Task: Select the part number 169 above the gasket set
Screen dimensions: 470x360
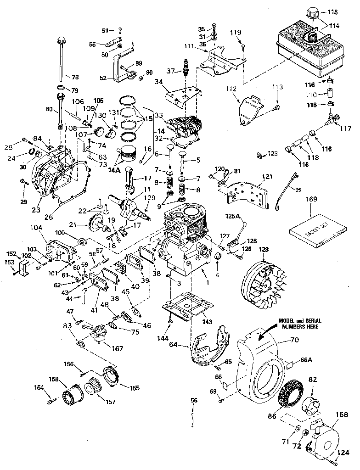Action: tap(311, 200)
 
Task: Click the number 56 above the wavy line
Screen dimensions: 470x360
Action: tap(194, 400)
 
